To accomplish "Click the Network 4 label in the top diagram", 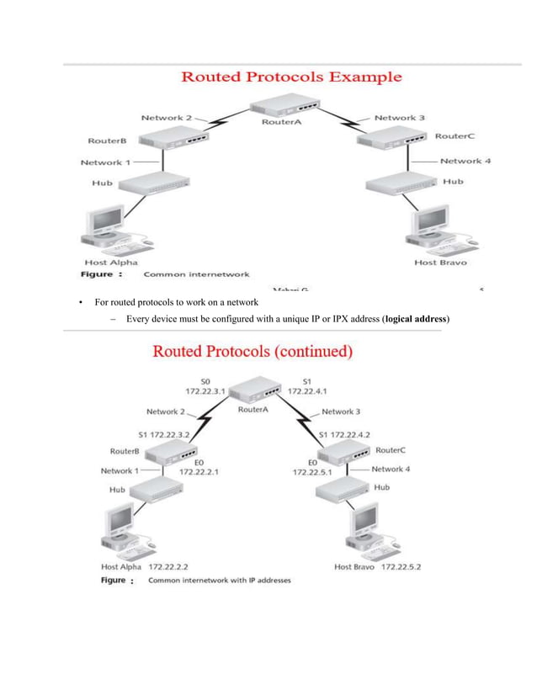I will click(460, 161).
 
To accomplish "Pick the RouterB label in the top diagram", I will click(107, 141).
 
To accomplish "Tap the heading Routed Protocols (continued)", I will click(252, 351).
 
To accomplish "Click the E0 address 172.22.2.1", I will click(199, 472).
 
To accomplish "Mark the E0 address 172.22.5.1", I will click(312, 472).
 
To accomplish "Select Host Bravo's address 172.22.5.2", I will click(401, 566).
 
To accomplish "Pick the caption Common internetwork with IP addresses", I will click(219, 581).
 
